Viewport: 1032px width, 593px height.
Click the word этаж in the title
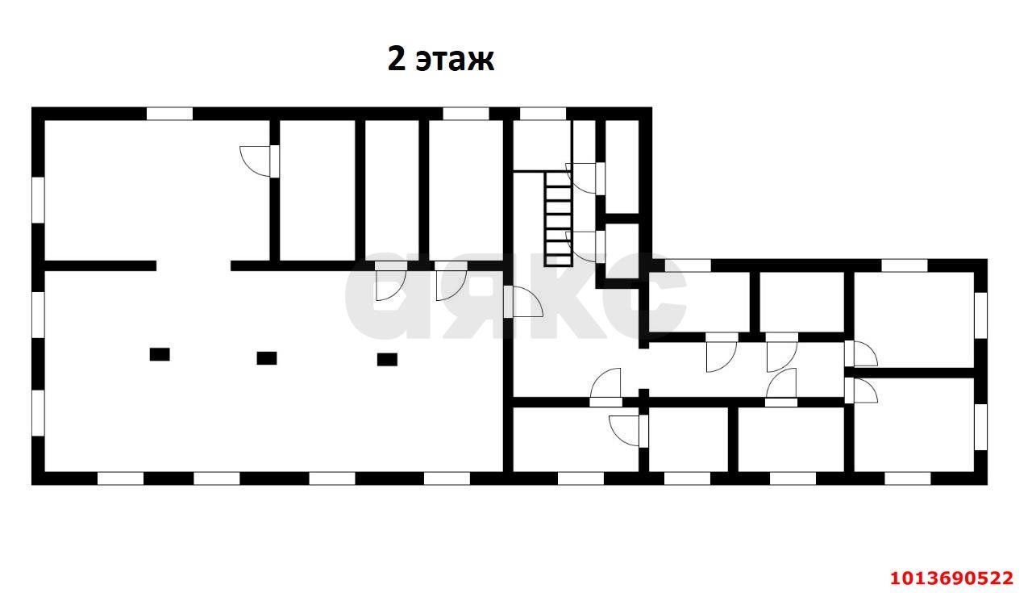click(455, 60)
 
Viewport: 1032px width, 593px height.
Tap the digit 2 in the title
click(397, 59)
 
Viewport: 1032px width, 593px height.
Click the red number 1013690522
click(951, 578)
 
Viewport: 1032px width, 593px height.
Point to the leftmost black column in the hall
click(160, 353)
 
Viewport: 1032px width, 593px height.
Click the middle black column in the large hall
click(267, 357)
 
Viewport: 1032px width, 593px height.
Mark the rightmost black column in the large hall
click(387, 359)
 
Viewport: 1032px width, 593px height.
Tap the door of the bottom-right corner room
click(863, 390)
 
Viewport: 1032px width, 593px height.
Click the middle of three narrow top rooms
click(391, 190)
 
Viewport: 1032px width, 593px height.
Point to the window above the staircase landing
click(543, 114)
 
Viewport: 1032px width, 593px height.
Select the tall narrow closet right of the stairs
click(622, 166)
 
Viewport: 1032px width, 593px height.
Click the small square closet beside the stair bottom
click(622, 251)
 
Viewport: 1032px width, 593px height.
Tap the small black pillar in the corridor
click(643, 393)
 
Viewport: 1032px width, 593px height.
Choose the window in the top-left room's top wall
click(169, 114)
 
